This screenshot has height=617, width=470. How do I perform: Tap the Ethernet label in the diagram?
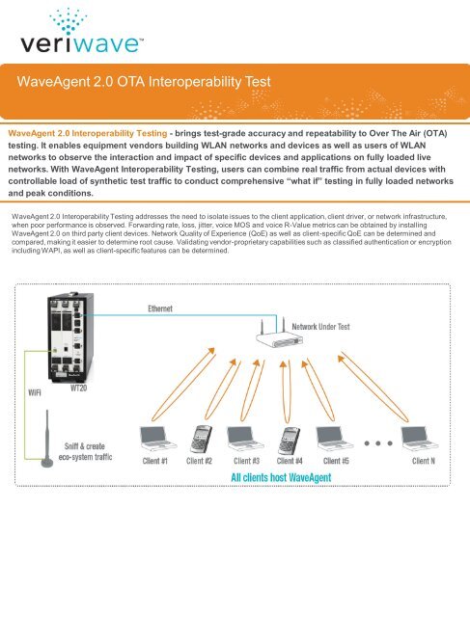click(x=148, y=310)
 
